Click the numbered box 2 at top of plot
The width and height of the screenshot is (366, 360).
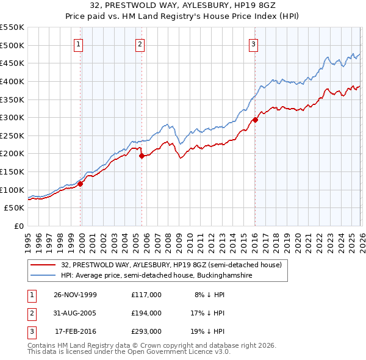pos(140,43)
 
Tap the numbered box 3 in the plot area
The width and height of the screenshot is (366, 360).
pos(253,43)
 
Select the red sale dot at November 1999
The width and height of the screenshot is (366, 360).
pos(80,184)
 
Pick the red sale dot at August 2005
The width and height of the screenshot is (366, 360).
pos(142,156)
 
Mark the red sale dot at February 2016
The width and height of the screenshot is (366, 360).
pos(255,120)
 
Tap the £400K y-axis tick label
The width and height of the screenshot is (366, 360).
pos(12,81)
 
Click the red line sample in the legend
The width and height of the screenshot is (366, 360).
pos(44,265)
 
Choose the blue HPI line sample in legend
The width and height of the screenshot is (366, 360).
pos(44,276)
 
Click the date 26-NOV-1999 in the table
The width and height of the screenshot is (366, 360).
pos(75,295)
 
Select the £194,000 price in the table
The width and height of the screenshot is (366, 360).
pos(146,313)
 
